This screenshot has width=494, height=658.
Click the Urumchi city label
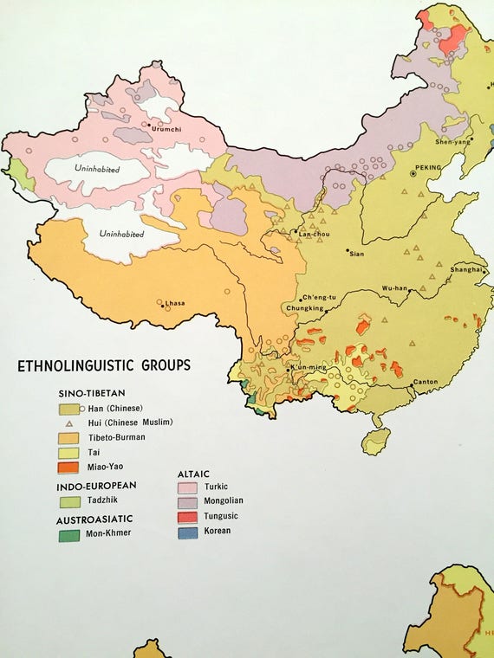(167, 129)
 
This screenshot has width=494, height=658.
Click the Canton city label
(426, 382)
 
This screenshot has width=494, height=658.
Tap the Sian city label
(355, 254)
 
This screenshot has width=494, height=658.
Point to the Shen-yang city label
(453, 142)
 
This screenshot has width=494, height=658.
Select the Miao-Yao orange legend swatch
(70, 468)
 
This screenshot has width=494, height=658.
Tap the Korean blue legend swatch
(189, 531)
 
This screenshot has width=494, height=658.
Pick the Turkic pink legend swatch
(189, 487)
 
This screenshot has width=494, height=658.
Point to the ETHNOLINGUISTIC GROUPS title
(104, 365)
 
